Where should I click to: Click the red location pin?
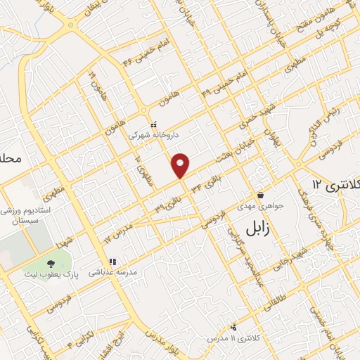tap(181, 165)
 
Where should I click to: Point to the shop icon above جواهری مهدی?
tap(261, 195)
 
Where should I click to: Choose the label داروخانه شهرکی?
tap(153, 133)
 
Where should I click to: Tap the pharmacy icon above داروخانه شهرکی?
tap(153, 124)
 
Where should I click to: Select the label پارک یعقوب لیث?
tap(73, 268)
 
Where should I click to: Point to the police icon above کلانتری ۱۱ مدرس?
tap(235, 327)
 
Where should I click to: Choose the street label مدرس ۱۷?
tap(117, 234)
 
